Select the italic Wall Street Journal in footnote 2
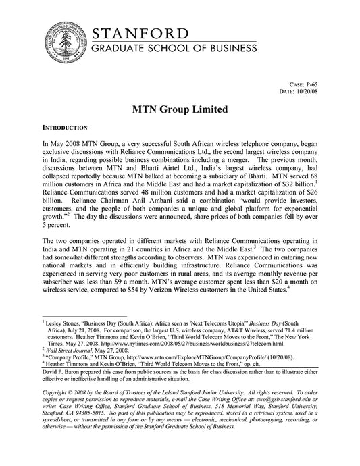pos(70,350)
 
